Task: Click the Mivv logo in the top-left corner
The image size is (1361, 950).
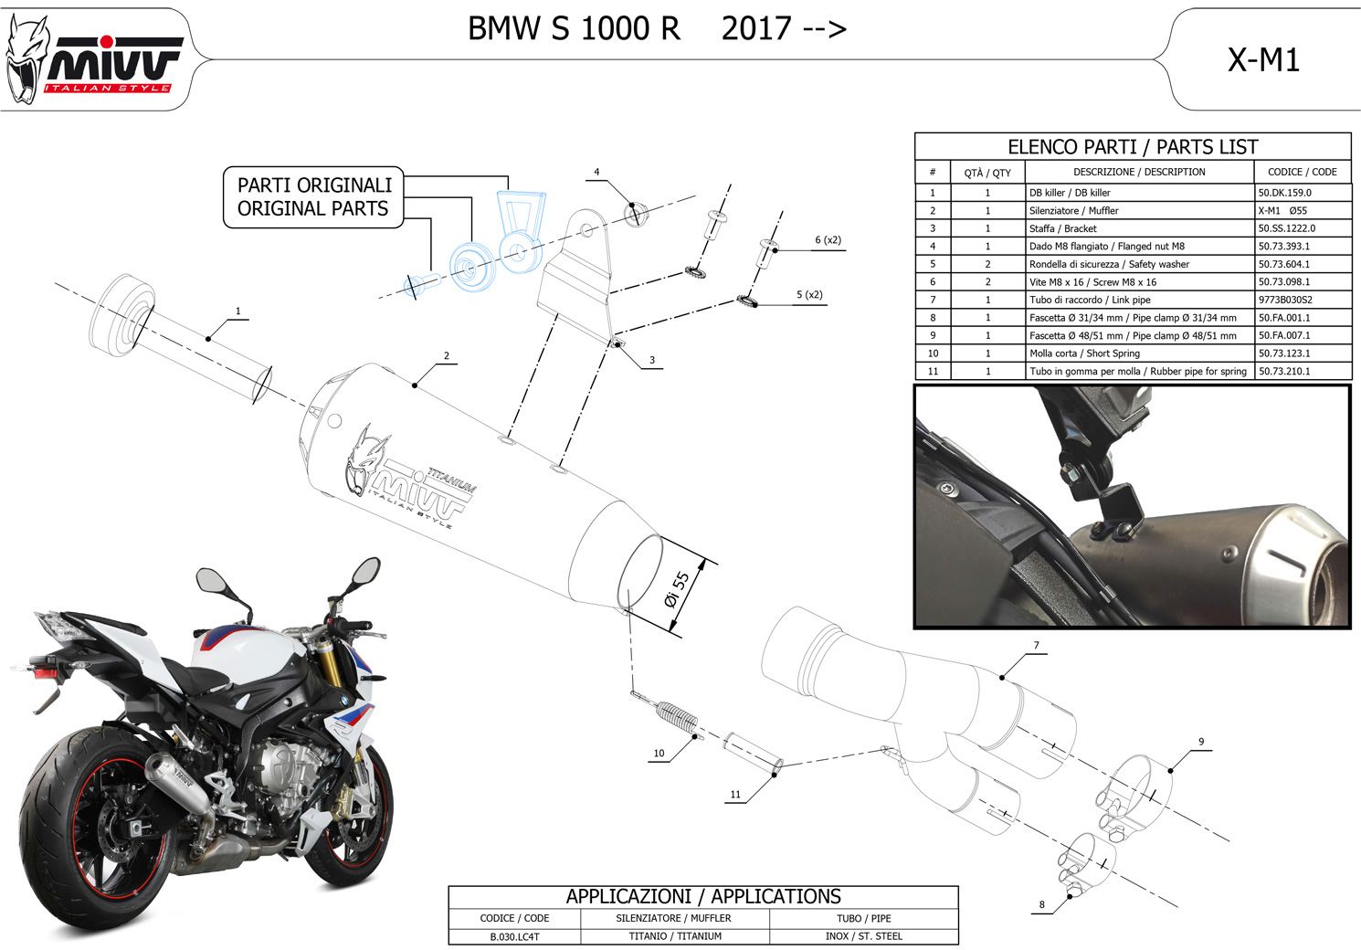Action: point(96,62)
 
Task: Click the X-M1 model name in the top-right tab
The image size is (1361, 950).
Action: point(1263,60)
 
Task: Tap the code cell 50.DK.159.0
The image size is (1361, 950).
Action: point(1284,193)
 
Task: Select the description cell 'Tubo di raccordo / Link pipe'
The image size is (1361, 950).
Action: point(1090,300)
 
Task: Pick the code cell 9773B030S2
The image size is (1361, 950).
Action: point(1284,300)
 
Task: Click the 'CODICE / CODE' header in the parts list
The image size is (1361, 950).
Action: point(1302,172)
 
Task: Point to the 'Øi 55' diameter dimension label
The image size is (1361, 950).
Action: point(677,590)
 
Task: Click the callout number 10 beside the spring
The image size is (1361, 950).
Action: point(659,754)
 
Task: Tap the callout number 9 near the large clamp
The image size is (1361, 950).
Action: point(1201,742)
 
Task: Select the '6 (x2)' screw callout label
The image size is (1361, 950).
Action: point(828,240)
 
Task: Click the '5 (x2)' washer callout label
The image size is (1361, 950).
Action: point(809,295)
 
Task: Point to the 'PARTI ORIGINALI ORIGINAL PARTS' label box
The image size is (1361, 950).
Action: point(314,197)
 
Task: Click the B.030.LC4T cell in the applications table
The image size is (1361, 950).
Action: point(515,936)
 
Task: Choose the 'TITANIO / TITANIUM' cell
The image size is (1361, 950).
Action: point(675,936)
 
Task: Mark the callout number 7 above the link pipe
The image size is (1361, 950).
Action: point(1036,646)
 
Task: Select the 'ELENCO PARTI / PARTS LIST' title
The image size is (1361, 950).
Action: point(1133,147)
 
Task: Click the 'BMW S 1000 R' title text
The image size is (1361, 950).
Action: point(574,29)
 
